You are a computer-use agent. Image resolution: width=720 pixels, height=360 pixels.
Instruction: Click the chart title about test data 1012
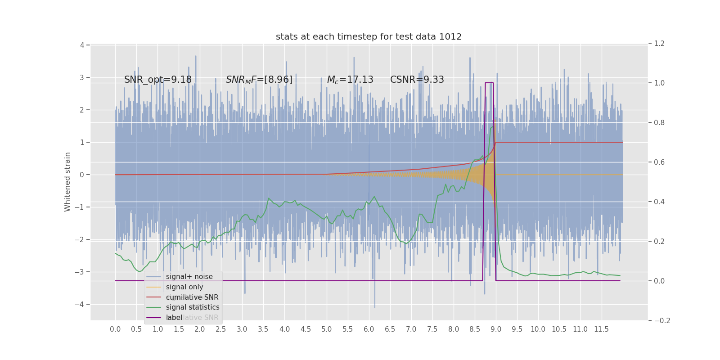click(369, 37)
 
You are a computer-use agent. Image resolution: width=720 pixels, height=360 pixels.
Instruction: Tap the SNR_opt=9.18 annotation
click(158, 80)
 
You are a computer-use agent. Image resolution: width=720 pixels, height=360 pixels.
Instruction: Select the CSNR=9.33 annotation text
click(417, 80)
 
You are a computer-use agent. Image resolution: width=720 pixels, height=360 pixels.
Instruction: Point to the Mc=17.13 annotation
click(350, 80)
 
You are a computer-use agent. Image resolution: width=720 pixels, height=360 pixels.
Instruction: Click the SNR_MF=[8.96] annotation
click(259, 80)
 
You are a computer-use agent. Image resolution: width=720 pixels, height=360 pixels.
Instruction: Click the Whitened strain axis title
click(67, 182)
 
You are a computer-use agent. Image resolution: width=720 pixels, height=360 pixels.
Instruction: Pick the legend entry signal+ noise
click(189, 277)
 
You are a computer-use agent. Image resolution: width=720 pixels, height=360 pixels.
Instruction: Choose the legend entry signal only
click(184, 287)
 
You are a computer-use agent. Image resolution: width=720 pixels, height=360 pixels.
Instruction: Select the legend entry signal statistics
click(193, 307)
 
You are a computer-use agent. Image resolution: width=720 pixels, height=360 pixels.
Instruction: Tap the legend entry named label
click(174, 318)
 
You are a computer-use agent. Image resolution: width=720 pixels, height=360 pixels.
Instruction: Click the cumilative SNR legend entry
click(192, 297)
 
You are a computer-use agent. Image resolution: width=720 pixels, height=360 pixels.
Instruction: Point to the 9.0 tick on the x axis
click(496, 329)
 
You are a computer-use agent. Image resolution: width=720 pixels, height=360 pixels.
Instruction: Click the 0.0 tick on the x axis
click(115, 329)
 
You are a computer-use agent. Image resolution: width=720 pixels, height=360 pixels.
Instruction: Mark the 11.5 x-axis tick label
click(601, 329)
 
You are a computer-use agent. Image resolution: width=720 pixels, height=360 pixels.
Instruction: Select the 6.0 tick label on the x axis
click(369, 329)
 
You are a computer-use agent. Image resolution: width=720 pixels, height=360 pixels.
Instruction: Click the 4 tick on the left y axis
click(82, 45)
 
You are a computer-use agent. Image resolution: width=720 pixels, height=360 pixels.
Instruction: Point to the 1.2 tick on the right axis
click(659, 44)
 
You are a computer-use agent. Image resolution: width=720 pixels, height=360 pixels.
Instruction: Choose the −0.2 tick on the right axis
click(661, 320)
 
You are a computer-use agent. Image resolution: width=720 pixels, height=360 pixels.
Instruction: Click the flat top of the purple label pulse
click(489, 83)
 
